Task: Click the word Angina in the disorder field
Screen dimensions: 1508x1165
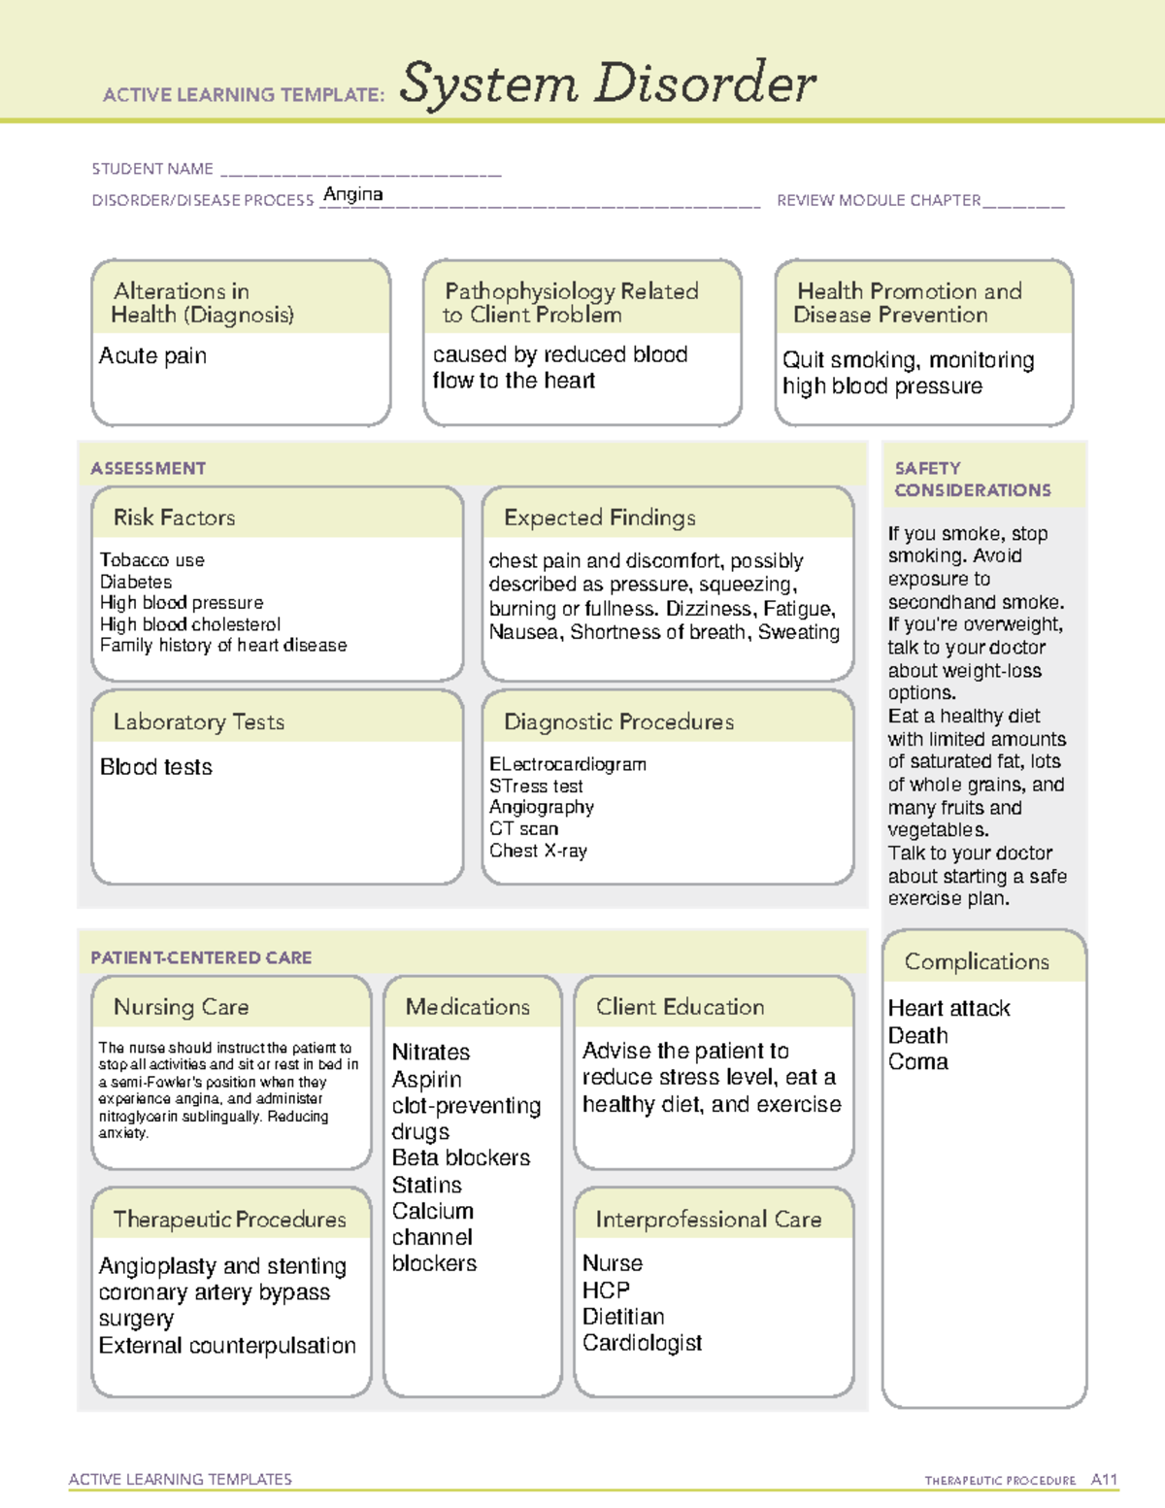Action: pos(352,194)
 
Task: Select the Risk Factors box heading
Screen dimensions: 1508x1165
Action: pos(174,518)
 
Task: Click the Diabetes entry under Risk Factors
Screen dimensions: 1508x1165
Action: pos(136,582)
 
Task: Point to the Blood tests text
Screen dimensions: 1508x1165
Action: pos(155,767)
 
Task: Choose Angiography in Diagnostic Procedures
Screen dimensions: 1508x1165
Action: pos(541,807)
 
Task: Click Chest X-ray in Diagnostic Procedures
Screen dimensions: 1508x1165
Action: pos(538,851)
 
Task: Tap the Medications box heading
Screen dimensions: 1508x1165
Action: pos(467,1007)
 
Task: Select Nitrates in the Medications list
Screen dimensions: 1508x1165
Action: pos(430,1053)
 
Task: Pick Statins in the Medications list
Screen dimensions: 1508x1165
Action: pos(426,1186)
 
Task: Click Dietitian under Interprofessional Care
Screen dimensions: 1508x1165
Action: pos(623,1317)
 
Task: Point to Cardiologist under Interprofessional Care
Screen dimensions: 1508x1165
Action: pos(642,1343)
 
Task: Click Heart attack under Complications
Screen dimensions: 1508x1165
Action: pos(949,1009)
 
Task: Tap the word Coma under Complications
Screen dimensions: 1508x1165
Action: pos(917,1062)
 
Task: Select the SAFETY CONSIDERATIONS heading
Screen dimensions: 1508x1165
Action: pos(972,480)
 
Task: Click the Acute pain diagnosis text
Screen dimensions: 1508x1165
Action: pos(152,356)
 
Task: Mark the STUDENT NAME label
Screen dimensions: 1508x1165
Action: pos(152,169)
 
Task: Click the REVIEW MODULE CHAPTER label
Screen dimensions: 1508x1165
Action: pos(879,200)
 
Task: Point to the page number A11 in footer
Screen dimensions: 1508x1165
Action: pos(1104,1480)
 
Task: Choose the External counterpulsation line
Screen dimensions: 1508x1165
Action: pos(227,1346)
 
